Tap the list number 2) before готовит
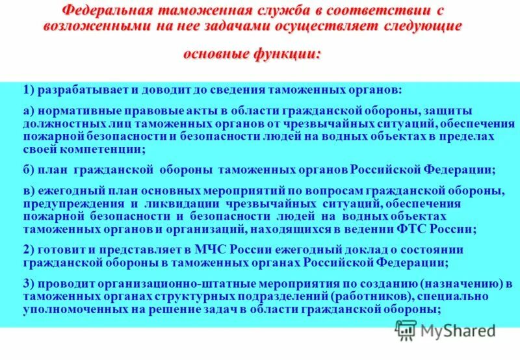pos(29,250)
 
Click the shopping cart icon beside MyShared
pos(406,331)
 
